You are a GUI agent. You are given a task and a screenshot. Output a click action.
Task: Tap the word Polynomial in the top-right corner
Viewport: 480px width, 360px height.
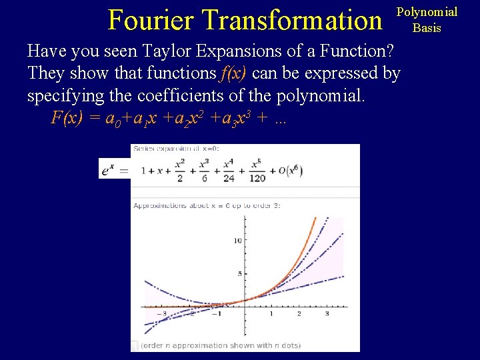[427, 12]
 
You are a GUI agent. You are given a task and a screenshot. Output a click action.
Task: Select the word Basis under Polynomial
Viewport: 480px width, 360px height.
[427, 28]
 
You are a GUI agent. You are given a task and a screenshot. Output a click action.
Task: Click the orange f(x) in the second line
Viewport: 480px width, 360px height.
[233, 73]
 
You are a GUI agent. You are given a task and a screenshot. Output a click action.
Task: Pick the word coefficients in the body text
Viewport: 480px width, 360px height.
[182, 95]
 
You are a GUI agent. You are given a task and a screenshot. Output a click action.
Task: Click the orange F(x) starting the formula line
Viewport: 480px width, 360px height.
[67, 118]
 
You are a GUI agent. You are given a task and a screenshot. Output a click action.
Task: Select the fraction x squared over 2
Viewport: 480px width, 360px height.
[180, 171]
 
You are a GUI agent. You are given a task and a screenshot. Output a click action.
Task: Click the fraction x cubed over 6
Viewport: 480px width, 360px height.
[204, 171]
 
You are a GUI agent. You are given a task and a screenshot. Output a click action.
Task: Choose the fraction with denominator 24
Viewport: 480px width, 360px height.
[229, 171]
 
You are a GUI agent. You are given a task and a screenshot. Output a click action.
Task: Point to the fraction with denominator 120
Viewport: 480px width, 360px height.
[257, 171]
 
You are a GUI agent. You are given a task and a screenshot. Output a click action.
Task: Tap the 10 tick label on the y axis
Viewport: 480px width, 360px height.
[237, 240]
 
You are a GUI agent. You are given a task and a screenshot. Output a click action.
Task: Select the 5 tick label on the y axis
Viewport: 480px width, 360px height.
[239, 274]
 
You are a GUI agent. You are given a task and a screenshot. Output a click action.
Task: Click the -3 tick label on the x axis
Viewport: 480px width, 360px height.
[161, 314]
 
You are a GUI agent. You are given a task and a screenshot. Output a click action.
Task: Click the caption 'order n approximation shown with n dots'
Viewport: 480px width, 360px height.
[221, 345]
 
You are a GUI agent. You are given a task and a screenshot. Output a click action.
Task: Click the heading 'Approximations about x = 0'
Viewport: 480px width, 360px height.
[207, 205]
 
